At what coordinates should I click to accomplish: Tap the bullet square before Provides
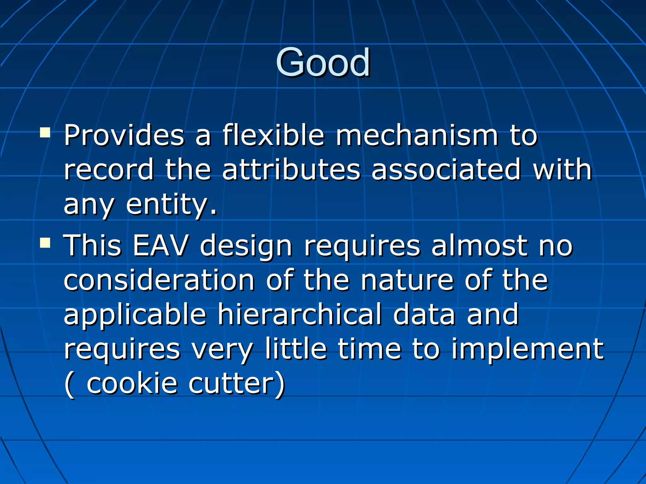[x=45, y=133]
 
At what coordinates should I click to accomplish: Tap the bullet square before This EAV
[x=45, y=243]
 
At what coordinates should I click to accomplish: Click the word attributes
[x=291, y=170]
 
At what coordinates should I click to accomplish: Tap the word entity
[x=171, y=205]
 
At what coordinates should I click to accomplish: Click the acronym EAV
[x=160, y=246]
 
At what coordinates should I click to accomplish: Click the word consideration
[x=159, y=280]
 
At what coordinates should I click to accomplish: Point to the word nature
[x=407, y=280]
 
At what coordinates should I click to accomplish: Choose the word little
[x=296, y=349]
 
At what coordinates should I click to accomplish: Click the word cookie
[x=132, y=383]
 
